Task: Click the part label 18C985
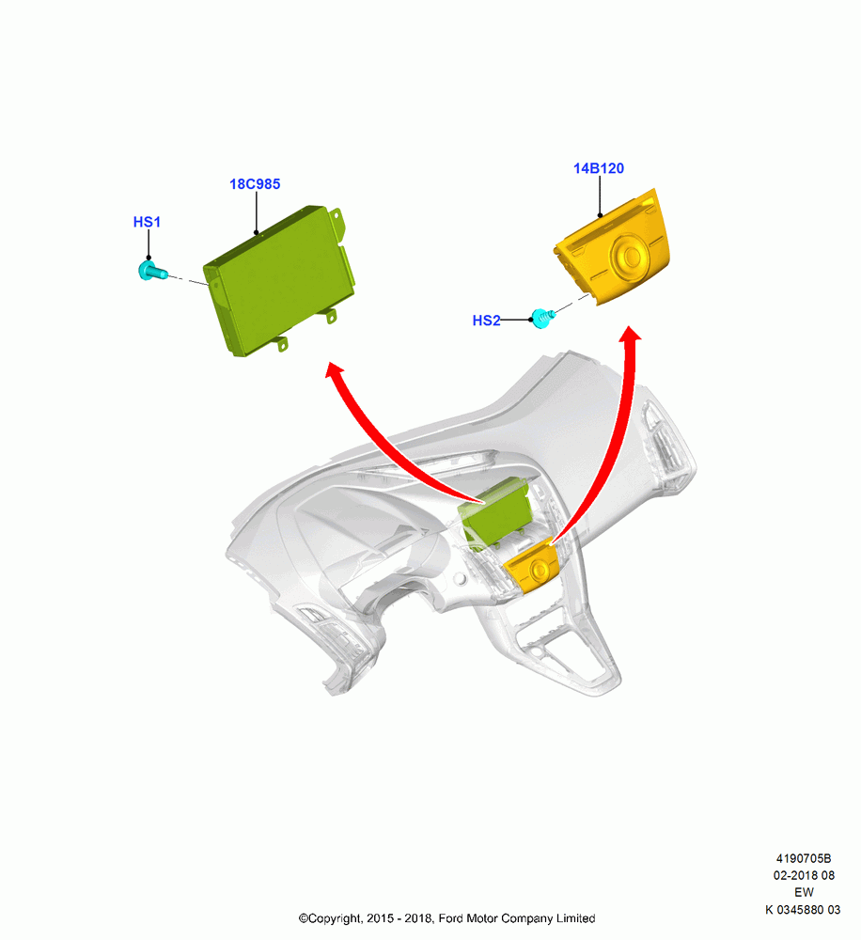[x=255, y=184]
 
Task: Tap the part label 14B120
[x=599, y=168]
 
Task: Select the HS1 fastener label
[x=147, y=222]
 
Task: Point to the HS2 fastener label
[x=486, y=321]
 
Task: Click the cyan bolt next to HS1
[x=152, y=271]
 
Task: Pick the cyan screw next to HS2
[x=542, y=318]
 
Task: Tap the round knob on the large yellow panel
[x=630, y=257]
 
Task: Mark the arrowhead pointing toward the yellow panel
[x=630, y=334]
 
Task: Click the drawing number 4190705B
[x=804, y=858]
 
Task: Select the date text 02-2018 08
[x=804, y=875]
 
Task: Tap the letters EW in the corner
[x=804, y=892]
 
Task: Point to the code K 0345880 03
[x=803, y=909]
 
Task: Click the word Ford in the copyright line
[x=450, y=918]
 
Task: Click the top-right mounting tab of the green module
[x=337, y=222]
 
